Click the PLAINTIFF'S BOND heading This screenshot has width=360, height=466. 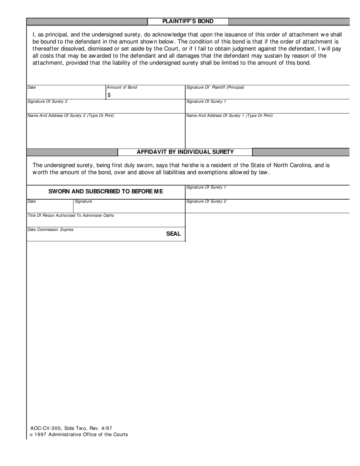(x=188, y=22)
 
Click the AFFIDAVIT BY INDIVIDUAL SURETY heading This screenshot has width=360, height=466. (x=185, y=152)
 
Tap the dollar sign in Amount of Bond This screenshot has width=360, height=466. (x=109, y=95)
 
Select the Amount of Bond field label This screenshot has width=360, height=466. (x=122, y=88)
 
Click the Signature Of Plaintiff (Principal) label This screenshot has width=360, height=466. (x=215, y=88)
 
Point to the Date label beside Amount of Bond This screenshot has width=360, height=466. (x=31, y=88)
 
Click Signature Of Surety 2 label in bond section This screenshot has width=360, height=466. (x=47, y=102)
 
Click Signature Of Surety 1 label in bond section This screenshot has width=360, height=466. (x=206, y=102)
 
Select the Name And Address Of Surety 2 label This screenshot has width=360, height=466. (x=70, y=116)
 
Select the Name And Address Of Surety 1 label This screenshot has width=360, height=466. (x=229, y=116)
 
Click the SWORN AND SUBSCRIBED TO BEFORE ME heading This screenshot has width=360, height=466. (x=106, y=191)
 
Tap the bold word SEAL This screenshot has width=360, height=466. (x=173, y=234)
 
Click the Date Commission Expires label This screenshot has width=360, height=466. (x=50, y=230)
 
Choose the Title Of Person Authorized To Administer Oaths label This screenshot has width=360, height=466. (x=70, y=216)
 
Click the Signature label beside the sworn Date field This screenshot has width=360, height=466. (x=83, y=202)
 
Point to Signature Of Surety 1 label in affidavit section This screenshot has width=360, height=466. (x=206, y=188)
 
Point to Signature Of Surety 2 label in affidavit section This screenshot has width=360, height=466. (x=206, y=202)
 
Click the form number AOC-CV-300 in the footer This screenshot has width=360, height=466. (x=46, y=428)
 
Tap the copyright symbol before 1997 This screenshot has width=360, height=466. (x=31, y=435)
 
